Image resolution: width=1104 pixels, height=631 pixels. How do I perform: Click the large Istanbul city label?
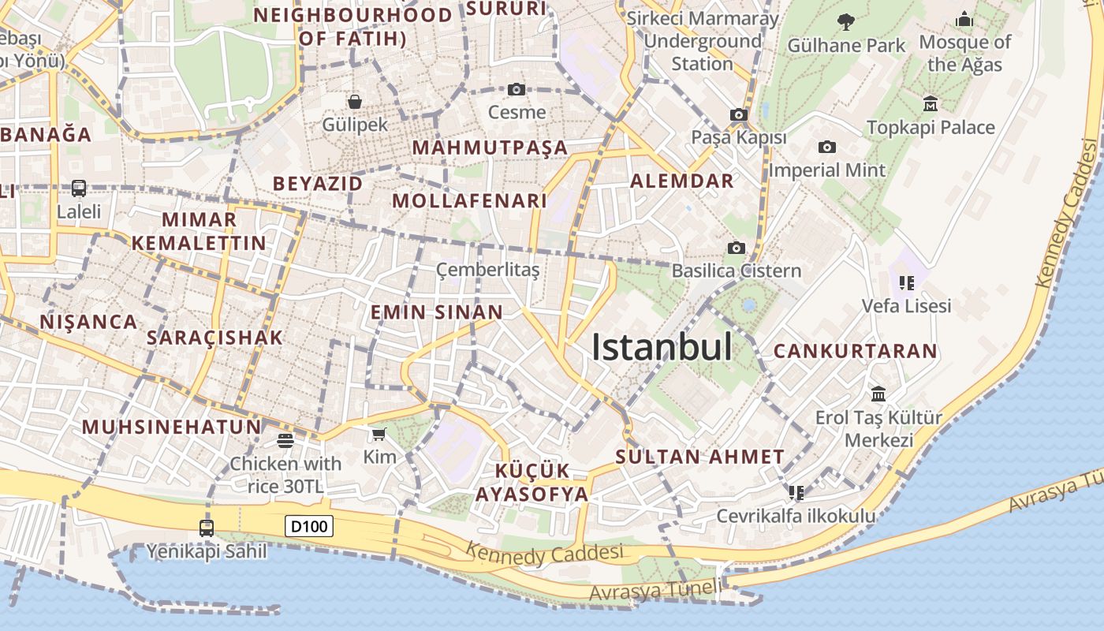coord(662,347)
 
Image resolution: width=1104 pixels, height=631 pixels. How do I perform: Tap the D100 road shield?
coord(309,526)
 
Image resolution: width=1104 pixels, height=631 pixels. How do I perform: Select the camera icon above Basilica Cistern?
coord(736,248)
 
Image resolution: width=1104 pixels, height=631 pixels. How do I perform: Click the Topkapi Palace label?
coord(931,127)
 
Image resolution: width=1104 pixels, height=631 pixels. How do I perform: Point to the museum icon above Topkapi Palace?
coord(931,103)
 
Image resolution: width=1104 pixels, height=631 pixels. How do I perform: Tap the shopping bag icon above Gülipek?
coord(355,101)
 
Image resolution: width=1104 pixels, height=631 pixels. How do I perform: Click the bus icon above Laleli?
coord(79,188)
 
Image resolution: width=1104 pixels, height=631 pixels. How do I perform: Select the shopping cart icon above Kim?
coord(379,434)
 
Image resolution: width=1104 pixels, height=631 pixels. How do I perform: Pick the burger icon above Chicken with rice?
coord(285,440)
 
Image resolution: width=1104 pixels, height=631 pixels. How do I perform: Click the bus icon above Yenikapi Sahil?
coord(207,528)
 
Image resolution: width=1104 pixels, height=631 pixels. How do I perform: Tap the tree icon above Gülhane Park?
coord(846,21)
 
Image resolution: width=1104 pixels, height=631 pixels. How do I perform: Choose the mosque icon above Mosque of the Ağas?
coord(964,19)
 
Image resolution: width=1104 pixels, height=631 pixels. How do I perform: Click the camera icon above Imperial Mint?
coord(827,147)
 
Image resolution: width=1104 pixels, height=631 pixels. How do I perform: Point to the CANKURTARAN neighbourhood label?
coord(855,351)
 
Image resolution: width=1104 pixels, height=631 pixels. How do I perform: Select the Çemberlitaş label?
coord(488,271)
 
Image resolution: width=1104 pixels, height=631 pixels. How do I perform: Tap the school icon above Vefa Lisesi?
coord(906,282)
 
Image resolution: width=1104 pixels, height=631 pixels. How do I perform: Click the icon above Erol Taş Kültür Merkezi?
coord(878,394)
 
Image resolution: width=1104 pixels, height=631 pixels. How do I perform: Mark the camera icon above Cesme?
coord(517,89)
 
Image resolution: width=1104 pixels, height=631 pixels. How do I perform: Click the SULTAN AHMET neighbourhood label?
coord(699,457)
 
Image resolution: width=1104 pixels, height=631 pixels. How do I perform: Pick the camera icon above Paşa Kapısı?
coord(739,114)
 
